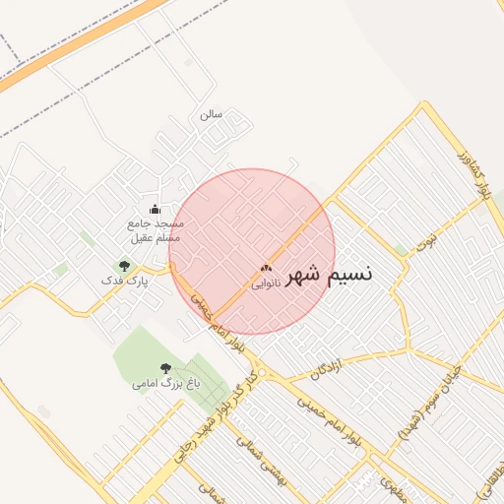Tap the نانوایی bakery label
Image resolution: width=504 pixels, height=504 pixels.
[x=266, y=283]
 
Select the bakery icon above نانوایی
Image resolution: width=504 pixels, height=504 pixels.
[x=265, y=268]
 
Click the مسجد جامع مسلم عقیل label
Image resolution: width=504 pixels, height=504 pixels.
[x=157, y=230]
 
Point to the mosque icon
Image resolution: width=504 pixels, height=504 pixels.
[x=155, y=209]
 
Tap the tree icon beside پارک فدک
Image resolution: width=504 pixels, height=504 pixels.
[x=124, y=266]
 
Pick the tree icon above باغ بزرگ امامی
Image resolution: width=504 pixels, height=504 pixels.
[x=164, y=368]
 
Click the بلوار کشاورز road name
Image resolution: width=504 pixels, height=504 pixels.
[x=474, y=172]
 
